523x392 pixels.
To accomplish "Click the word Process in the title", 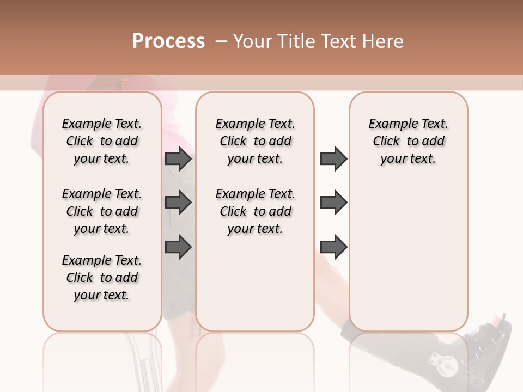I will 168,41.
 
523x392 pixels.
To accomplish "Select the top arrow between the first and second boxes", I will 179,159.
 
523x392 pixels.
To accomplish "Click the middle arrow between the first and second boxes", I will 179,203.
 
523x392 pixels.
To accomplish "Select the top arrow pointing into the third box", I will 333,159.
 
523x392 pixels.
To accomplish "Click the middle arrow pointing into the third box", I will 333,203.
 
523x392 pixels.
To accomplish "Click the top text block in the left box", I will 102,141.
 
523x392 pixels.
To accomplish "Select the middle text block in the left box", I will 102,211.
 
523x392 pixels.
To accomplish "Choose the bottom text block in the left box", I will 102,278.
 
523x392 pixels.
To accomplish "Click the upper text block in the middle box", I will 255,141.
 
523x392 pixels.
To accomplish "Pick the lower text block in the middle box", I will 255,211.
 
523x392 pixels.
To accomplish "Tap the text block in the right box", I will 408,141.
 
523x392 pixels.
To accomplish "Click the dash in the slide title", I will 221,41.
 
